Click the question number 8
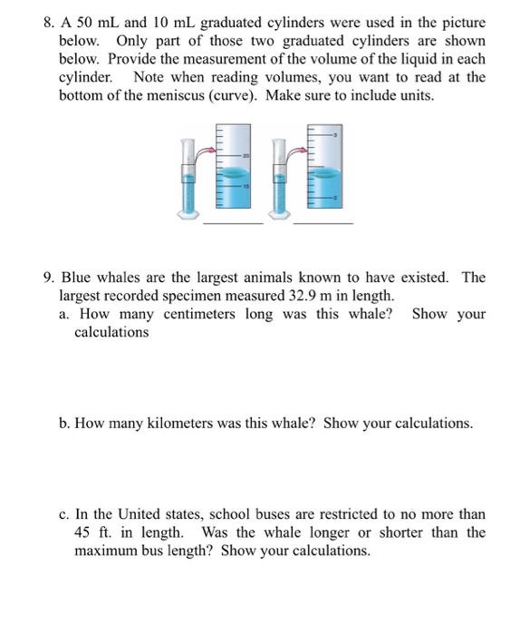click(x=49, y=23)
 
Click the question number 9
click(x=49, y=278)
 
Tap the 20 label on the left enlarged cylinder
click(x=245, y=155)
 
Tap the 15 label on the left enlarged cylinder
click(x=245, y=186)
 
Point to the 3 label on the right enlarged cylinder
click(x=335, y=136)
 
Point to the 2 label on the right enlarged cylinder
click(x=335, y=197)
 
